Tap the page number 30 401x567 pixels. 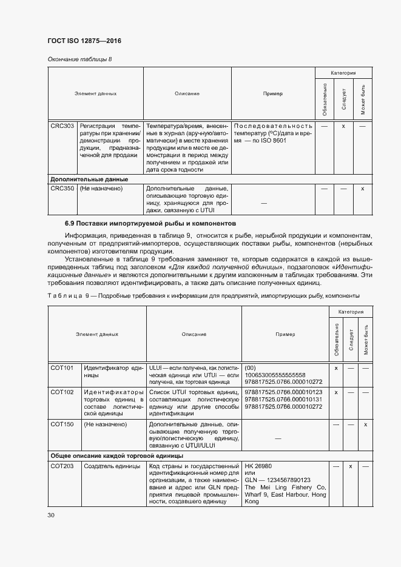pos(51,515)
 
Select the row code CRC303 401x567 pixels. pos(62,126)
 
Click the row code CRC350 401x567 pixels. pos(62,189)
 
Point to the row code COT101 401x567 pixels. pos(62,368)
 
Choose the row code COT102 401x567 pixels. pos(62,392)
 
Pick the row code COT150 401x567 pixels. pos(62,424)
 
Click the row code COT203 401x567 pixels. pos(62,465)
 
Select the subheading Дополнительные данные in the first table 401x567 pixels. pos(89,179)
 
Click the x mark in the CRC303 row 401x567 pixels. pos(343,126)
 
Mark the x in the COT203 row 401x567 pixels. pos(350,465)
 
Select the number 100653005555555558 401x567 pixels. pos(275,375)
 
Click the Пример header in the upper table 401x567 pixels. pos(273,94)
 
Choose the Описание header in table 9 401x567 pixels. pos(194,334)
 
